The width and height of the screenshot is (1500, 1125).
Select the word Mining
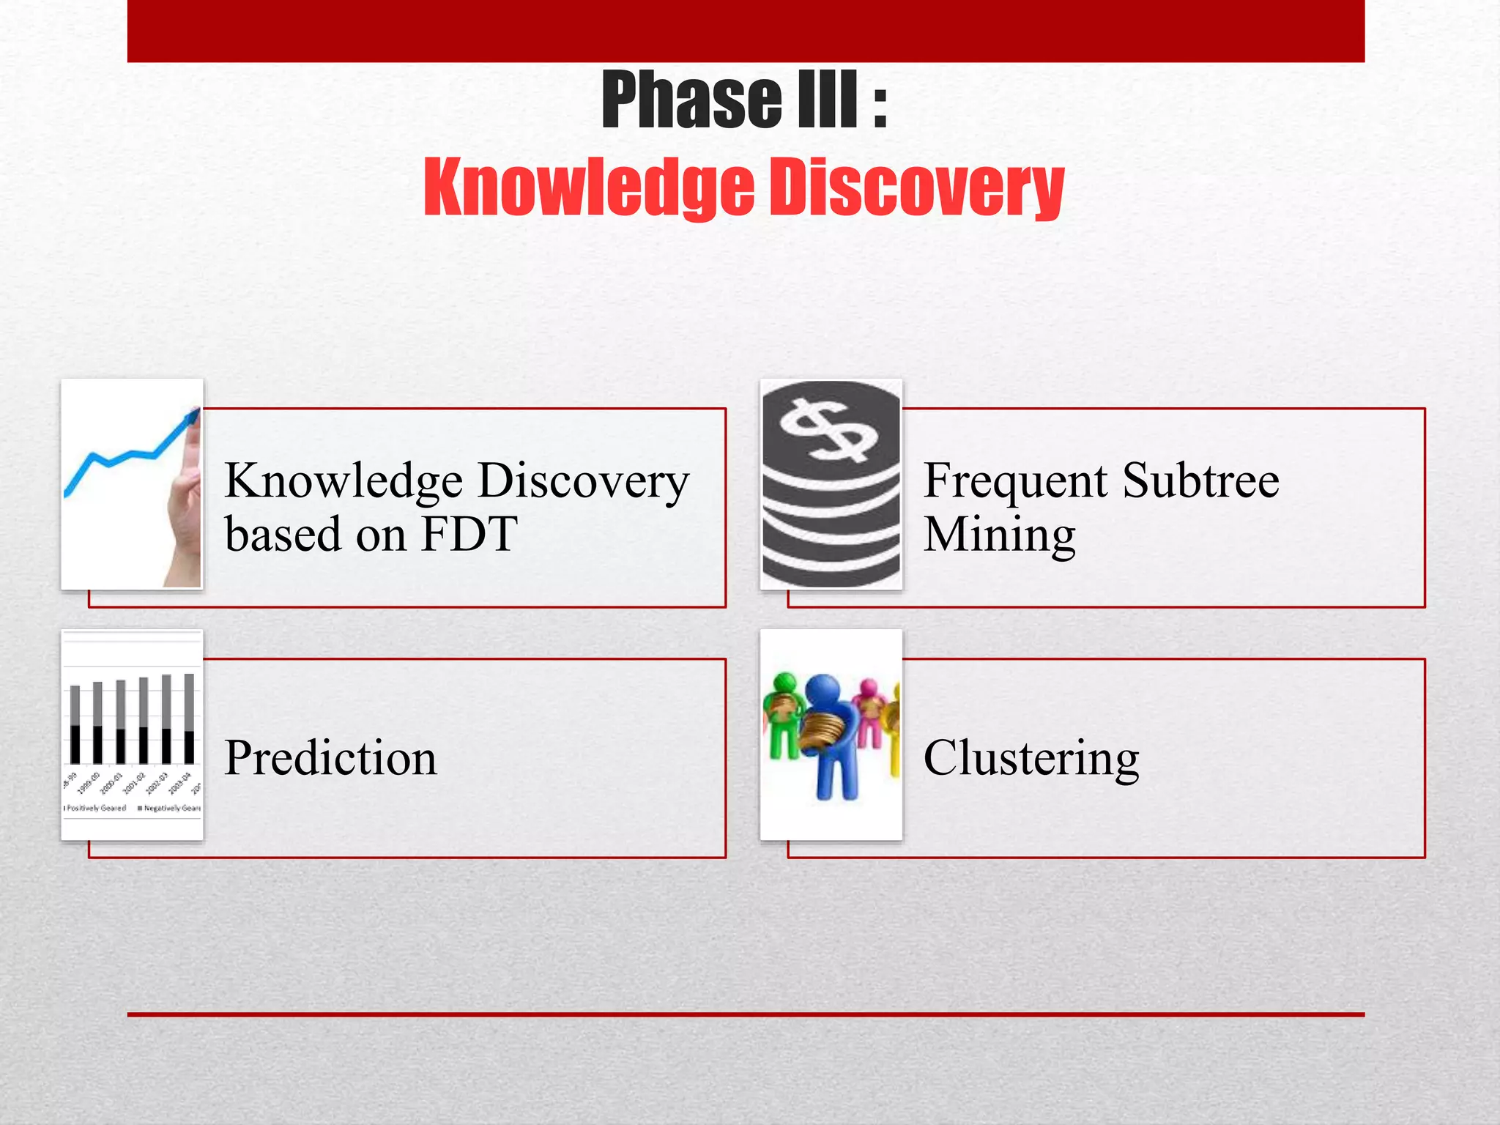[x=999, y=535]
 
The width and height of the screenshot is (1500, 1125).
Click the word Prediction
[x=330, y=757]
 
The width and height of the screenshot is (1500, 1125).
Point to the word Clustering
[x=1031, y=757]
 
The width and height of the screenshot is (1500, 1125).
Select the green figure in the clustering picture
[x=783, y=714]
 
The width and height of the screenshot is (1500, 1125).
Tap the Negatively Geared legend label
[x=171, y=808]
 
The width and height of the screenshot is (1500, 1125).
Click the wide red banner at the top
[x=746, y=31]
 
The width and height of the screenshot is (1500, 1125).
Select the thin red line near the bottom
[x=746, y=1014]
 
